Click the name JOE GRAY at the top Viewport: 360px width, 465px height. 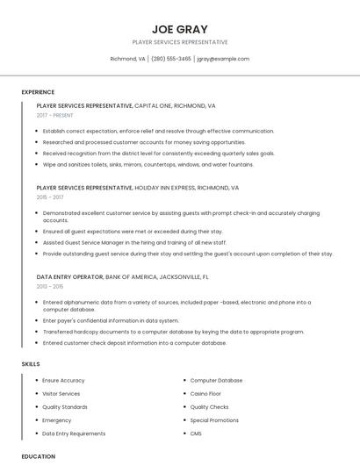[179, 28]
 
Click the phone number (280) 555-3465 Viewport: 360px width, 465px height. [171, 59]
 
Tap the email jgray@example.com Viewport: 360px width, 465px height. [223, 59]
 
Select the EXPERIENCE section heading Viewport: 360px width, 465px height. [38, 92]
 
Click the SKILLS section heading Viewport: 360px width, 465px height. [31, 363]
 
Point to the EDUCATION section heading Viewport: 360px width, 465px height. [39, 456]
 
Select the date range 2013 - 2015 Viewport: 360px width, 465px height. [50, 286]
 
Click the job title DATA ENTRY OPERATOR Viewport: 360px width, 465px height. [69, 276]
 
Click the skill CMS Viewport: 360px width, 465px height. [196, 433]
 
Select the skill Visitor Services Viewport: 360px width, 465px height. [61, 394]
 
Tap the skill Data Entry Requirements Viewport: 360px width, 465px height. [74, 433]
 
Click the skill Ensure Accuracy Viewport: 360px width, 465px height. [63, 381]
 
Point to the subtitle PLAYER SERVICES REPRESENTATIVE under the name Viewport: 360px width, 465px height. [179, 42]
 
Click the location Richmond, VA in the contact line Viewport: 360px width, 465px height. [127, 59]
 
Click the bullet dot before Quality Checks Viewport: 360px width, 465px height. [184, 407]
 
